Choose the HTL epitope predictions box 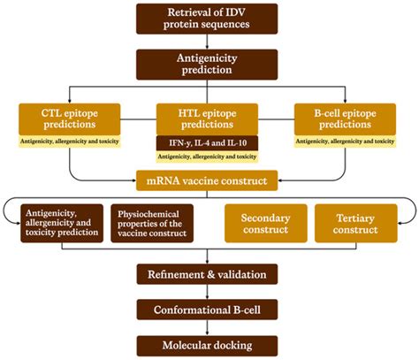206,119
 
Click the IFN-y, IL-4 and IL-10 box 206,142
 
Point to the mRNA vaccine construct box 206,180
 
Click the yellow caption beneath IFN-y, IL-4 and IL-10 206,157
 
